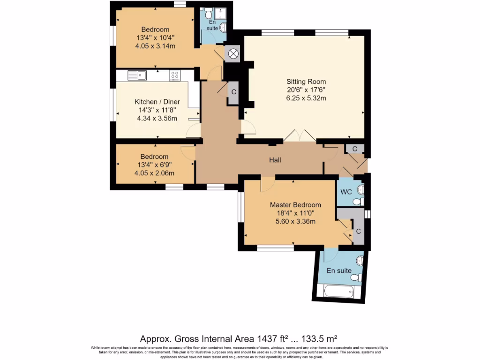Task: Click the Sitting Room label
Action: [306, 82]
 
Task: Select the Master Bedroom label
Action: [295, 205]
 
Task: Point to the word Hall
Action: [275, 160]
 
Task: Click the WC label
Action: [346, 192]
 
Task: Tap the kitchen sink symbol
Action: [137, 75]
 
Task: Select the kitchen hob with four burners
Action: [175, 75]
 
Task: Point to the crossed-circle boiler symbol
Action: [233, 53]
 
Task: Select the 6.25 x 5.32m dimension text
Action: [306, 98]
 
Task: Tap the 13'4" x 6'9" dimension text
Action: [155, 165]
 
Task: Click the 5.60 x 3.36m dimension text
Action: [295, 221]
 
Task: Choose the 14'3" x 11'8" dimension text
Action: [157, 110]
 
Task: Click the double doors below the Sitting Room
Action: [300, 136]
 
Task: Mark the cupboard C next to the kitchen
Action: [233, 92]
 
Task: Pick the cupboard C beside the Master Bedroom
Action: [359, 232]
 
